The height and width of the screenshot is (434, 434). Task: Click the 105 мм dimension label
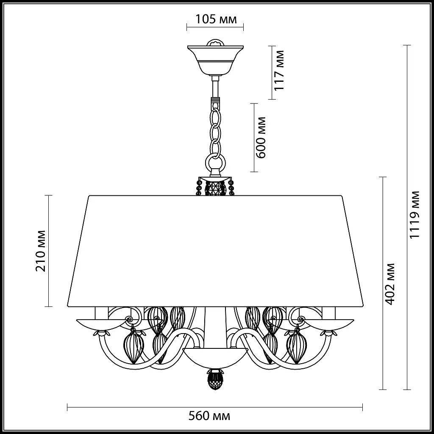216,19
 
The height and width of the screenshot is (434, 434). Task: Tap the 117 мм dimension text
279,70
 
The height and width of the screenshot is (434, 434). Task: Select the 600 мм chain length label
261,138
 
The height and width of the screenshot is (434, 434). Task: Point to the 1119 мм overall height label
415,214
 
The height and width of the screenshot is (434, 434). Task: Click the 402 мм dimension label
390,284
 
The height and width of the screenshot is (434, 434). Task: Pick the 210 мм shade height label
41,251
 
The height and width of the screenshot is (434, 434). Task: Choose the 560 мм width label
209,416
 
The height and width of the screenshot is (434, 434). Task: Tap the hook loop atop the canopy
215,42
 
